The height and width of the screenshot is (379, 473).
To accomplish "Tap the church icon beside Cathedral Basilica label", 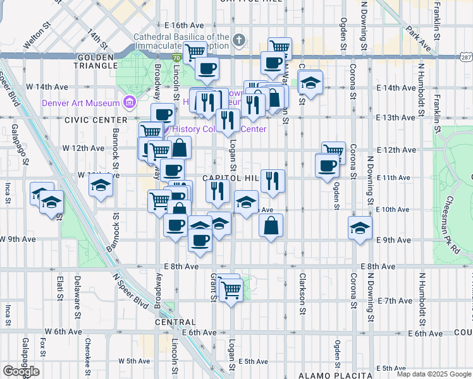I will coord(238,41).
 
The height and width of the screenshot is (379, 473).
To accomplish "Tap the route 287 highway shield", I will coord(465,57).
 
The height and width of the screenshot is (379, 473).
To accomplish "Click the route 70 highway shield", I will coord(176,57).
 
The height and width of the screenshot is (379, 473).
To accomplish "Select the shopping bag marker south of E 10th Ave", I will coord(271,226).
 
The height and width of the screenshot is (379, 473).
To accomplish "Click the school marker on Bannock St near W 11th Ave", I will coord(100,187).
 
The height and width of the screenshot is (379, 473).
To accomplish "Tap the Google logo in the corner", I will coord(21,371).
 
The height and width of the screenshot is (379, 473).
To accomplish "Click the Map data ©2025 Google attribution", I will coord(433,374).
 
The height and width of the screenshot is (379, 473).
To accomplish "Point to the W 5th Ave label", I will coord(134,361).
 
